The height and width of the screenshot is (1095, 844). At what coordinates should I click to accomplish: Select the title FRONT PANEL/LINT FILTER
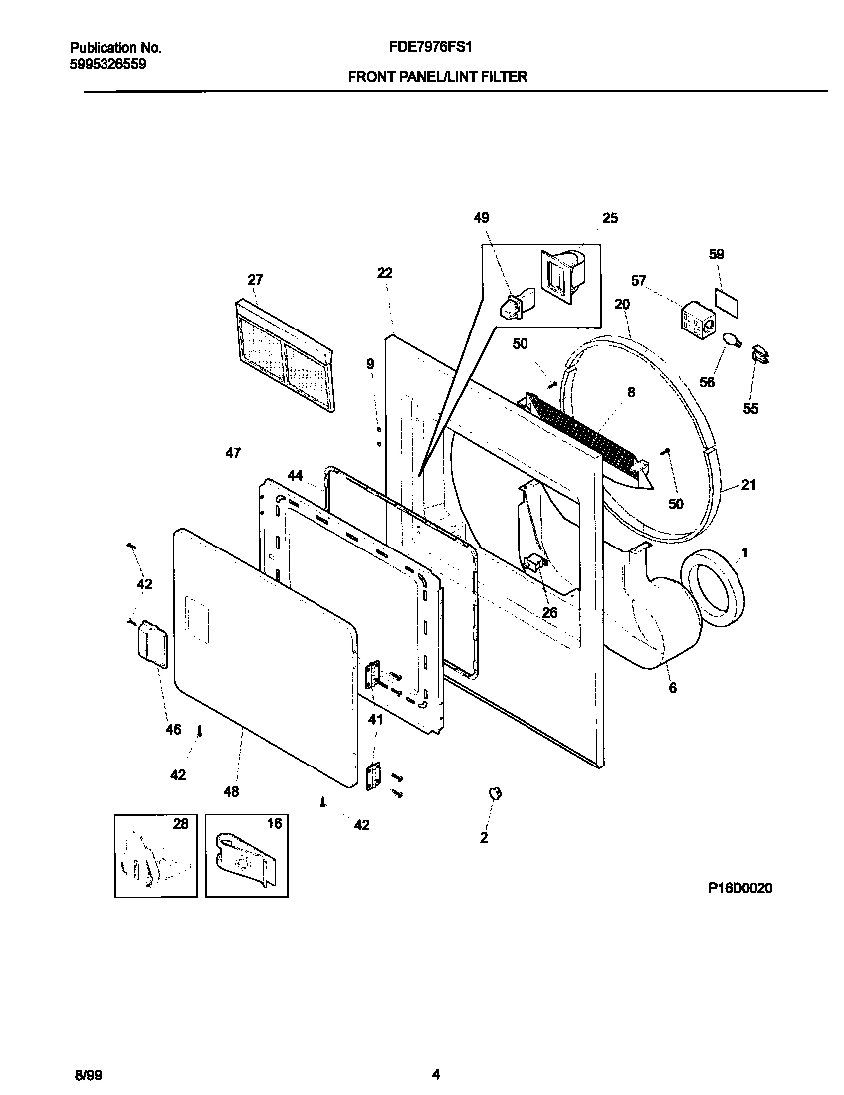click(x=437, y=76)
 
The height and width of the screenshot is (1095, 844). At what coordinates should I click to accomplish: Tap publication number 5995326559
click(x=108, y=62)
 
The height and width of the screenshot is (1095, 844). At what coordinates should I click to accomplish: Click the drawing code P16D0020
click(x=739, y=887)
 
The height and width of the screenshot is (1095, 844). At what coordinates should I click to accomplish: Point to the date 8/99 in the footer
click(x=88, y=1075)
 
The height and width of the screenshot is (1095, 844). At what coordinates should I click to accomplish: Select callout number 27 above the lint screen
click(x=255, y=280)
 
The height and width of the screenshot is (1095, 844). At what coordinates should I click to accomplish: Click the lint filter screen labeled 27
click(x=285, y=355)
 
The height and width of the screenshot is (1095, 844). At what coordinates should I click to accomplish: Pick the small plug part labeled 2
click(x=493, y=793)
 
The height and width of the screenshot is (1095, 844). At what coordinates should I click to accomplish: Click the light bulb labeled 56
click(x=733, y=343)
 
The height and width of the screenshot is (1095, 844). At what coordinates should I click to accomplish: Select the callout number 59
click(x=716, y=254)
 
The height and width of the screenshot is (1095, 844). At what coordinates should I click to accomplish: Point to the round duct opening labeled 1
click(x=715, y=593)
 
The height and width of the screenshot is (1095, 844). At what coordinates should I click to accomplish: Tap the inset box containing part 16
click(x=247, y=854)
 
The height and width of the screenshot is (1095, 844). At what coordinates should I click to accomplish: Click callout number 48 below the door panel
click(x=231, y=792)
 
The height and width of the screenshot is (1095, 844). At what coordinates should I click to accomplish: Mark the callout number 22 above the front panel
click(x=385, y=273)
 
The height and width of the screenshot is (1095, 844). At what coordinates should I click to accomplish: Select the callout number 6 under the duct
click(x=672, y=688)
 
